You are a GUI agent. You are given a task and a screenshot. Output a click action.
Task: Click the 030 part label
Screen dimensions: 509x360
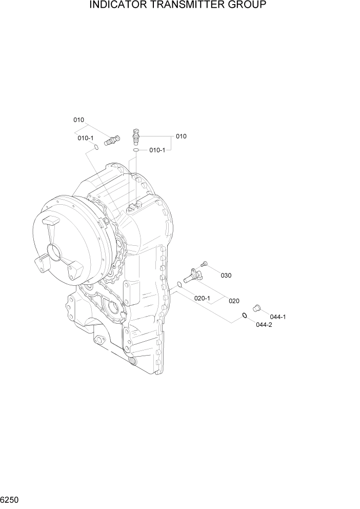[x=226, y=276]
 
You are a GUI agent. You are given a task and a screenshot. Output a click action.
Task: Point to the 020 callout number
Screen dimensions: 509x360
[x=234, y=301]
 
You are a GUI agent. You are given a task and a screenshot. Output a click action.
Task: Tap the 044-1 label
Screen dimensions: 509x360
[x=278, y=317]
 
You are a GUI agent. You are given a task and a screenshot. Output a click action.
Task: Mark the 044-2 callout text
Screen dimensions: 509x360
[x=264, y=325]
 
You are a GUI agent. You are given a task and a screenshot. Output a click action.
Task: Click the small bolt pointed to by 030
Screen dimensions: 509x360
[x=204, y=264]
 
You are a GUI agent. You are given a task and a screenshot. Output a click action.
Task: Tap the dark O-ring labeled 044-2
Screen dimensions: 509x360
[x=245, y=315]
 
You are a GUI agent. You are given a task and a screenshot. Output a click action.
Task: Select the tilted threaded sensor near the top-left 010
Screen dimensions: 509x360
[x=111, y=139]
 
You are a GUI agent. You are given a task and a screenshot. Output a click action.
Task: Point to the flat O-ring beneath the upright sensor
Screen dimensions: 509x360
[x=136, y=151]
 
